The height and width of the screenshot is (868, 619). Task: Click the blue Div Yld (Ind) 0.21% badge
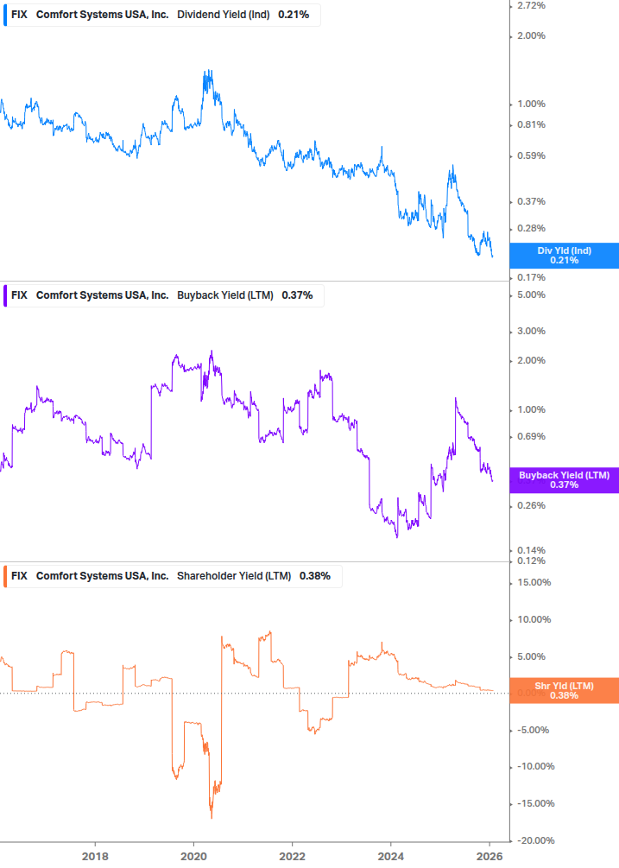pos(565,256)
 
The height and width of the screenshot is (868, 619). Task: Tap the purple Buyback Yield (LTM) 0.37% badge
pos(565,480)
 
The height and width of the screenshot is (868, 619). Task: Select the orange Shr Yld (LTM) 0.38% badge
pos(565,690)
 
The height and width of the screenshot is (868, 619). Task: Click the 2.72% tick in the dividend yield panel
pos(529,5)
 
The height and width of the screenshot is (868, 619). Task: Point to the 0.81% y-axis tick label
pos(529,124)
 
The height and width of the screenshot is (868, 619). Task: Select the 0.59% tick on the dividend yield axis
pos(529,156)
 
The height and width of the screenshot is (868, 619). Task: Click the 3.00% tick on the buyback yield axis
pos(529,331)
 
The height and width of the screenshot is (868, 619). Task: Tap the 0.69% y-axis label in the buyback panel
pos(529,436)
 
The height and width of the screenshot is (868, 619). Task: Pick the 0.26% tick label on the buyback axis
pos(529,505)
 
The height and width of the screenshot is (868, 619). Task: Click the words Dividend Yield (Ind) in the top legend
pos(223,15)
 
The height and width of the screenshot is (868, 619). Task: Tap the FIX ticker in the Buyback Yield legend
pos(19,295)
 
